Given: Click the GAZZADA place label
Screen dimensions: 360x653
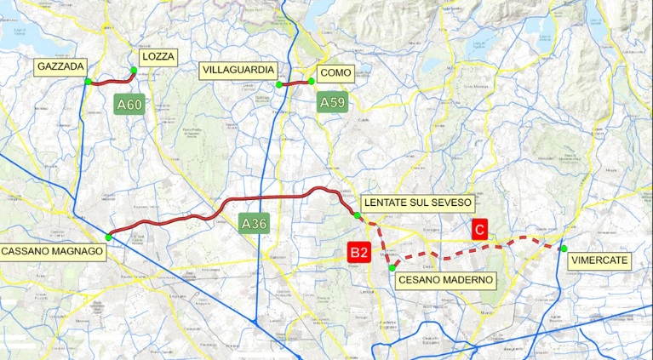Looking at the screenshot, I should [x=65, y=66].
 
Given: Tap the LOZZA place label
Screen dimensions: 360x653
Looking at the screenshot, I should [x=158, y=57].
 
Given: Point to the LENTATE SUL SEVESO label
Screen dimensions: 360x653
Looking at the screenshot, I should [x=416, y=203].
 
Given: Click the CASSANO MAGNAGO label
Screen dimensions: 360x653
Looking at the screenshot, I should [x=52, y=251].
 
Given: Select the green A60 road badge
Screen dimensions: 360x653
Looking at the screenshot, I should [x=130, y=105].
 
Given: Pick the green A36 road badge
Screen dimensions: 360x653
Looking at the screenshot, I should [x=255, y=224].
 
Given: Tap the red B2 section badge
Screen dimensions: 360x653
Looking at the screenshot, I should [x=358, y=252].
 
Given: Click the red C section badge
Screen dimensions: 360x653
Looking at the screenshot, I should [x=480, y=229].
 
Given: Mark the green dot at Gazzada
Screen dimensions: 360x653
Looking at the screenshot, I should [x=88, y=82].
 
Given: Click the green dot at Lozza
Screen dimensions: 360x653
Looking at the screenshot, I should [x=134, y=71].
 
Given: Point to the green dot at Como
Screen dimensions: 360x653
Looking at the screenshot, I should [x=312, y=82].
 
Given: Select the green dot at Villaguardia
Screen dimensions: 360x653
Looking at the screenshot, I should [x=278, y=85].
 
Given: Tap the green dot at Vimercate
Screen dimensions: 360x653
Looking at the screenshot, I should [x=564, y=249].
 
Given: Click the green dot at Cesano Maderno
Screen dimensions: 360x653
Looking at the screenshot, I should [x=392, y=268].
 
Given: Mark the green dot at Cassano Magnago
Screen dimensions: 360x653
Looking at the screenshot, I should [x=108, y=237].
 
